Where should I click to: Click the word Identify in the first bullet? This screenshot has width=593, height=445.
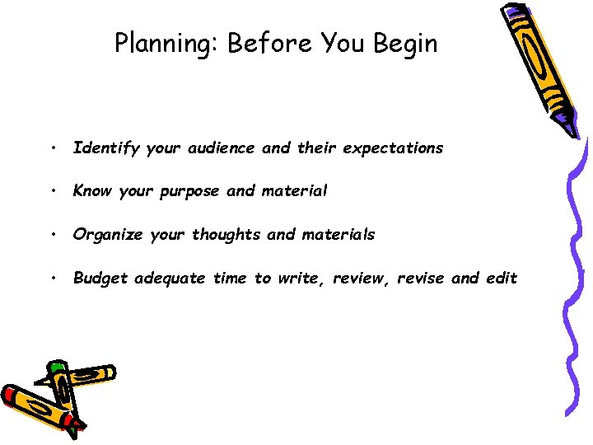tap(106, 148)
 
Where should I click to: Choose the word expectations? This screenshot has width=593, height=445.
tap(393, 148)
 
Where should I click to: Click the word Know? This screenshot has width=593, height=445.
tap(92, 191)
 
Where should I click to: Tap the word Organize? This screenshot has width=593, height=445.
tap(110, 235)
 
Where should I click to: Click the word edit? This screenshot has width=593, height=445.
tap(502, 279)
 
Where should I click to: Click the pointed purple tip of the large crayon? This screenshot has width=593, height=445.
tap(571, 130)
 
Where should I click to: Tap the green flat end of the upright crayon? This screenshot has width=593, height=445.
tap(56, 365)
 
